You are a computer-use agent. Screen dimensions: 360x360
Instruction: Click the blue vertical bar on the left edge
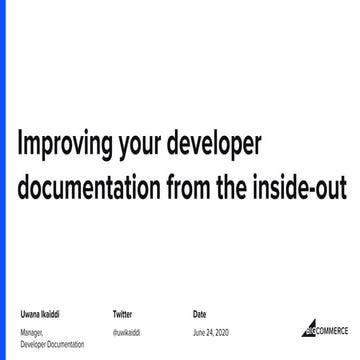pos(2,100)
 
